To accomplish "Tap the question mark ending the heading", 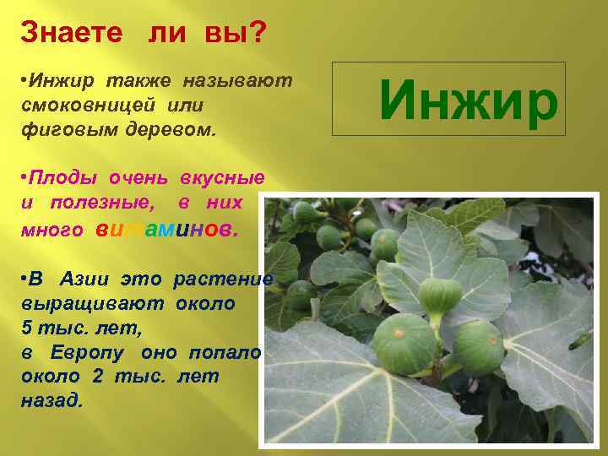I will tap(258, 33).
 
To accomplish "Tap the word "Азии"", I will tap(88, 279).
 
